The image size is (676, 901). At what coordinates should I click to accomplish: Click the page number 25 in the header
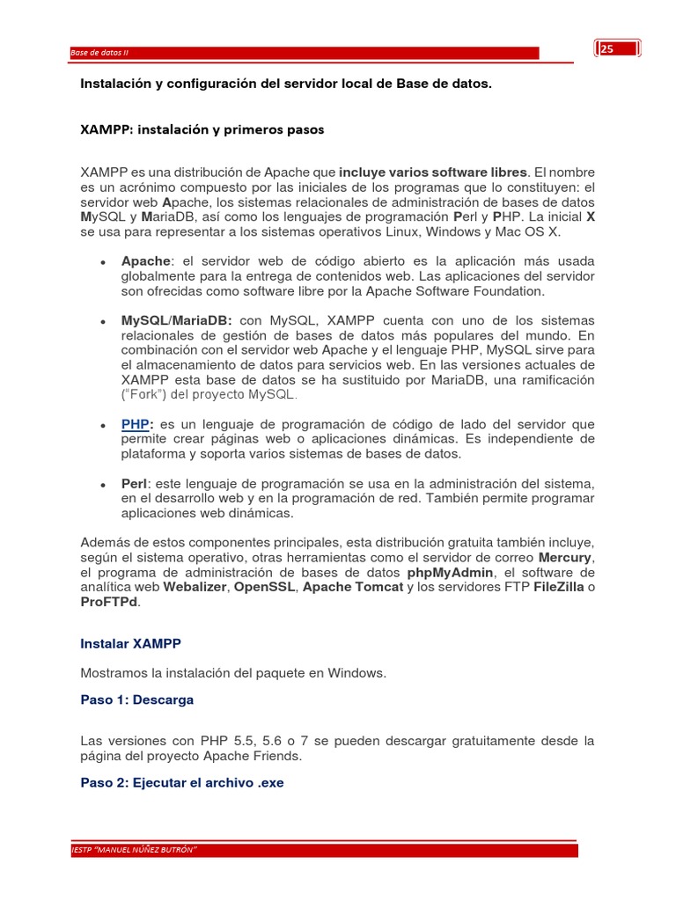pos(607,50)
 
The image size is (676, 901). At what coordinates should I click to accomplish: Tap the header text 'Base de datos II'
pos(99,53)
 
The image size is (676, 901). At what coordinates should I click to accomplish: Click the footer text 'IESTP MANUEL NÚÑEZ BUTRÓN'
pos(134,850)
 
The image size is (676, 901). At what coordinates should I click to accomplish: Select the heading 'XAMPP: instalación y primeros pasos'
pos(202,129)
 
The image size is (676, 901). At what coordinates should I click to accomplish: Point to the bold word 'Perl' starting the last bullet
pos(135,484)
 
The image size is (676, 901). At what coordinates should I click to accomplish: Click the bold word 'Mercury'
pos(564,558)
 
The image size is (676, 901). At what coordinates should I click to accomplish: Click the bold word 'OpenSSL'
pos(263,587)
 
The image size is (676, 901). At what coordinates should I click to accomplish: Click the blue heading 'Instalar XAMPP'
pos(130,643)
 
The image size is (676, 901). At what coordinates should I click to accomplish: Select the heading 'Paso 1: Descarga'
pos(136,700)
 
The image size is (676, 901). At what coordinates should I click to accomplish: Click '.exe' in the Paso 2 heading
pos(269,782)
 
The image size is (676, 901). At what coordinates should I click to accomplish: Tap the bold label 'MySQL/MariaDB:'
pos(176,320)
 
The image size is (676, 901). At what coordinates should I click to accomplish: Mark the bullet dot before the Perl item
pos(103,485)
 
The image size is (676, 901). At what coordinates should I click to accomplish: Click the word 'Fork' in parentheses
pos(143,394)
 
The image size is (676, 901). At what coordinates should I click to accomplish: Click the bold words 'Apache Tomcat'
pos(352,587)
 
